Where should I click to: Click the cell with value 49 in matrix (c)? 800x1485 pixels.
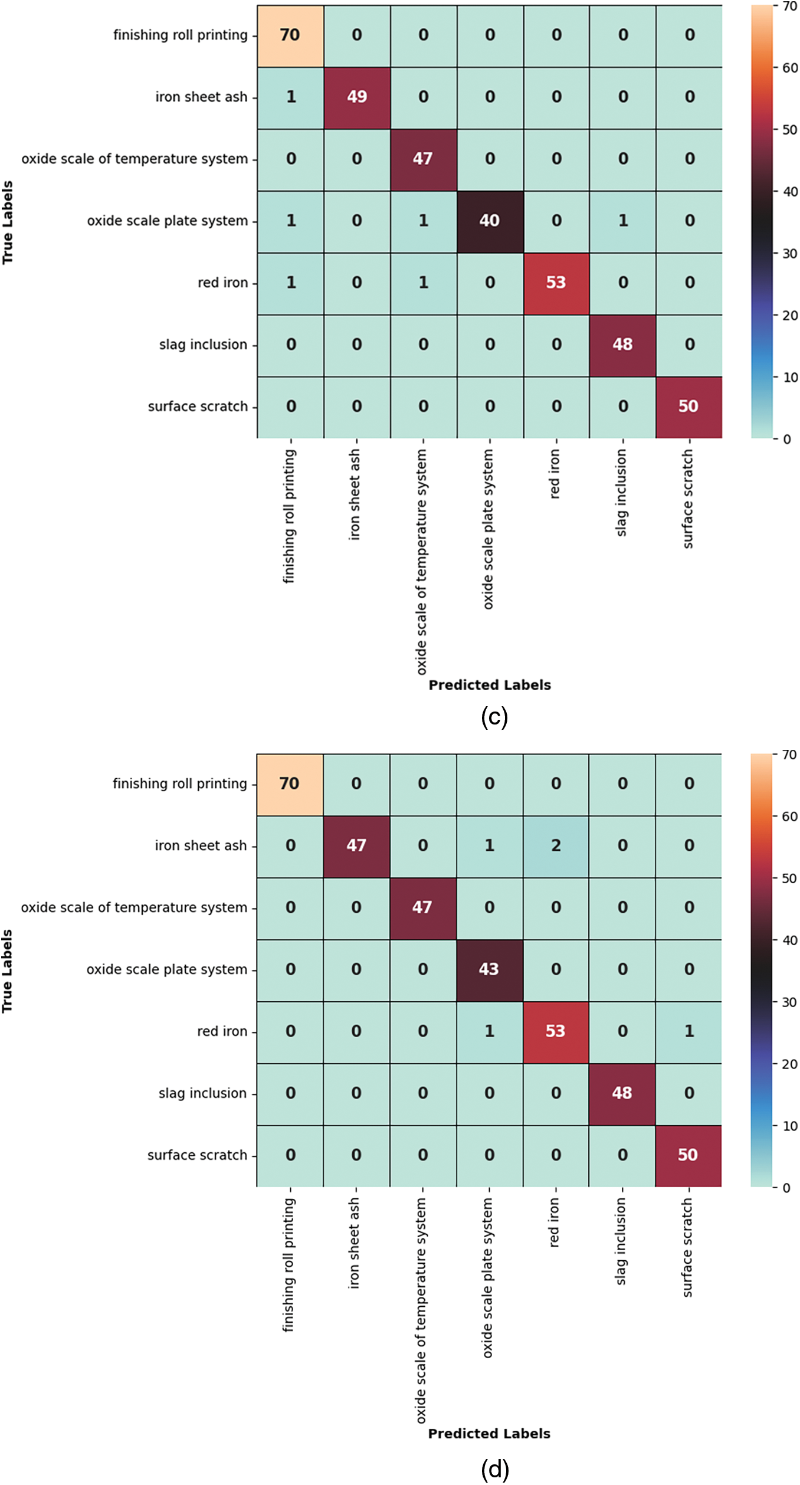pos(357,97)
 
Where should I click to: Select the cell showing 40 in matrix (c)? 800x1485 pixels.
pos(490,221)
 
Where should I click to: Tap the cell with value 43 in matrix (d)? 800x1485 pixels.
pos(489,969)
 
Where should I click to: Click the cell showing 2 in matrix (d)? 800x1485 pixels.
pos(556,846)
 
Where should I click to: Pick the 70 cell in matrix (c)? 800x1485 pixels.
pos(290,35)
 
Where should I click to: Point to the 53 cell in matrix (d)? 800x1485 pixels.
pos(556,1031)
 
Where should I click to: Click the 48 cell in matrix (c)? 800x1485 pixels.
pos(622,345)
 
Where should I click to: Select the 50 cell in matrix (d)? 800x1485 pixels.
pos(688,1155)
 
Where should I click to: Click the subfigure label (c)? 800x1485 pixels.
pos(494,717)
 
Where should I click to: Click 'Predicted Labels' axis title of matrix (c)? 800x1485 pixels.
pos(490,685)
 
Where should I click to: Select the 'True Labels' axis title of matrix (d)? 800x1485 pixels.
pos(7,971)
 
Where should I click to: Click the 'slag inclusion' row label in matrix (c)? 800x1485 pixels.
pos(203,345)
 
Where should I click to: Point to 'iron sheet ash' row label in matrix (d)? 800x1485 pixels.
pos(201,845)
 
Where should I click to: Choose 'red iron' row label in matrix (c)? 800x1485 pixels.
pos(222,283)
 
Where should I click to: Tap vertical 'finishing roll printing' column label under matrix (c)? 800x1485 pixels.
pos(288,516)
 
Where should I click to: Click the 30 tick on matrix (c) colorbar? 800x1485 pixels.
pos(789,254)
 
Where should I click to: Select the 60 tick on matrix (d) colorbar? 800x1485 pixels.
pos(789,817)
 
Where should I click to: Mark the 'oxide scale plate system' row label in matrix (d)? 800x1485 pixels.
pos(167,969)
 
